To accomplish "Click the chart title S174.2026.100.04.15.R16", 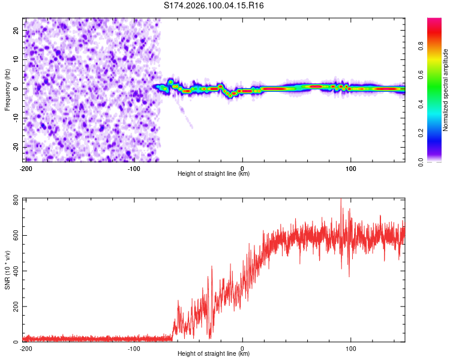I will coord(214,5).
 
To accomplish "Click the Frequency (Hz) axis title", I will coord(7,90).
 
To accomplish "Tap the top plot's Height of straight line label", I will coord(214,174).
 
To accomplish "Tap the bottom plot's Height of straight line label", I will coord(214,354).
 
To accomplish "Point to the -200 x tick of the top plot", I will coord(25,167).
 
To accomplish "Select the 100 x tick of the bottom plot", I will coord(350,348).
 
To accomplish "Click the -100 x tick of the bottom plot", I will coord(134,348).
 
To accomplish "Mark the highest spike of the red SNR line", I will coord(341,199).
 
